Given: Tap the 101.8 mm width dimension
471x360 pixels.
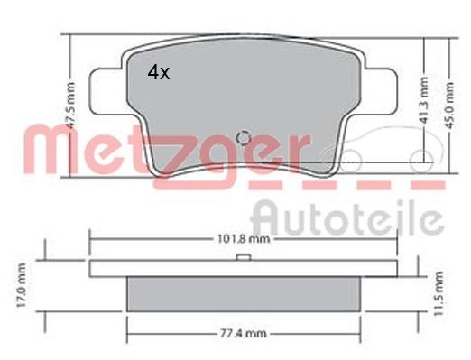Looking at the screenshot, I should coord(243,240).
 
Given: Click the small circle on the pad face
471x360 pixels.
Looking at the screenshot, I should coord(242,138).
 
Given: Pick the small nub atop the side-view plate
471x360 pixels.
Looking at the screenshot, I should coord(242,258).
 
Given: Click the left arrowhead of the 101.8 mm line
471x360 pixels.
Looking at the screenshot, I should coord(93,240).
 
